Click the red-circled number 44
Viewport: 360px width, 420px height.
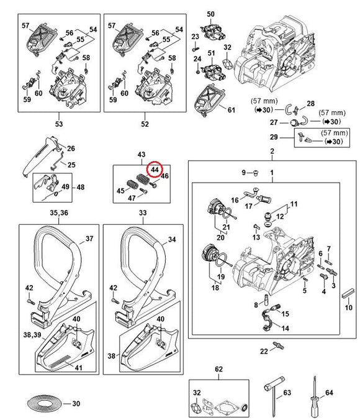click(155, 170)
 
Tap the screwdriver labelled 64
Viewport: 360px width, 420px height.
click(315, 396)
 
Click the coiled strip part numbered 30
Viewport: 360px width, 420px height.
click(45, 403)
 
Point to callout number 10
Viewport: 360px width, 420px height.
click(348, 307)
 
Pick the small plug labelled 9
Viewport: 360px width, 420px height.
click(256, 173)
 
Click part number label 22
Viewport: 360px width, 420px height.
click(264, 351)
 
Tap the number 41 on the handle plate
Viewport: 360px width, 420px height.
click(78, 368)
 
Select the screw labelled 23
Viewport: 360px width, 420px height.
click(195, 50)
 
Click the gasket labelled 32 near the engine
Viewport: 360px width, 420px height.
click(227, 65)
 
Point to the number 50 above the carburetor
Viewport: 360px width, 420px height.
click(210, 14)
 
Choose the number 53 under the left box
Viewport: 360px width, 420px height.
click(59, 124)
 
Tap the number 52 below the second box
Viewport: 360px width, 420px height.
click(145, 124)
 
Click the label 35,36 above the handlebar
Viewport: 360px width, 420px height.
click(59, 212)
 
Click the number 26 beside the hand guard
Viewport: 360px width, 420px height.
click(71, 148)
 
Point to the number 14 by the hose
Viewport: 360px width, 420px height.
click(286, 328)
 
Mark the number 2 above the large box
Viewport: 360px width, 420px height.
click(272, 151)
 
